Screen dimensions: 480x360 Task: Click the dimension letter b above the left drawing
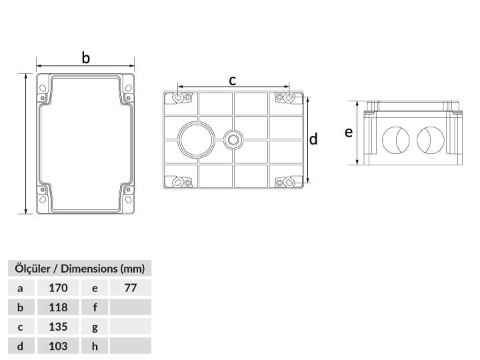[86, 58]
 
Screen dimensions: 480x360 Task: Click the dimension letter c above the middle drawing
[233, 81]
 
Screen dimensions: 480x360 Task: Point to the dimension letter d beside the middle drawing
[313, 139]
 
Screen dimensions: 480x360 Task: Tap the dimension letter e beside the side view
[349, 132]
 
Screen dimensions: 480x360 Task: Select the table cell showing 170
[58, 288]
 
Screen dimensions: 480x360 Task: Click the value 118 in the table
[58, 307]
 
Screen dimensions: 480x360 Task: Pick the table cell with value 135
[58, 327]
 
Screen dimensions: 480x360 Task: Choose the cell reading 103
[58, 346]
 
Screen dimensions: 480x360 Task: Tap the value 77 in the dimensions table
[131, 288]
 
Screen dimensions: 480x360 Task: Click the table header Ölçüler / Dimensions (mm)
[79, 269]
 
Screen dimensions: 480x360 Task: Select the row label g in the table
[95, 327]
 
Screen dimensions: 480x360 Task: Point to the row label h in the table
[95, 346]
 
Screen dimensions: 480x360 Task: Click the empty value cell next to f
[131, 307]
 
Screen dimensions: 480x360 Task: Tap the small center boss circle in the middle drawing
[233, 139]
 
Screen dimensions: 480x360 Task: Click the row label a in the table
[20, 289]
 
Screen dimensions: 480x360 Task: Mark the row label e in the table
[95, 289]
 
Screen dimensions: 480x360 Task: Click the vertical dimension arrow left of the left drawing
[26, 143]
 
